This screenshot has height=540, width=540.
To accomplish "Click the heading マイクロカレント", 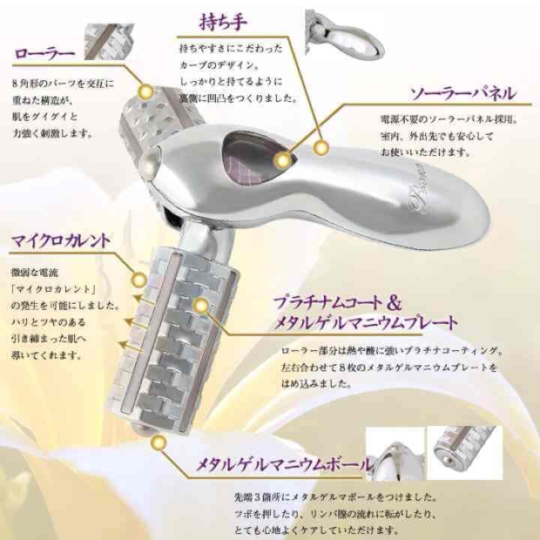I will (x=61, y=241).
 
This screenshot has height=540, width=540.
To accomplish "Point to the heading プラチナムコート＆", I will (x=337, y=304).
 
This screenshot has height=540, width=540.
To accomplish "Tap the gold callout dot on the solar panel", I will (x=283, y=159).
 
